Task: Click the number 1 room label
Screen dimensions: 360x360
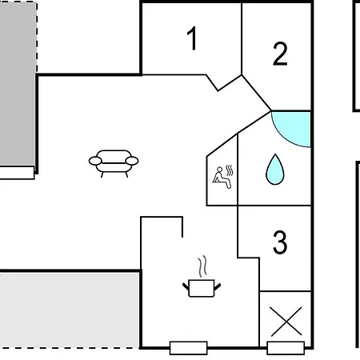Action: pos(192,38)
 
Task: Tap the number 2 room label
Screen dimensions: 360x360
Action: pos(280,54)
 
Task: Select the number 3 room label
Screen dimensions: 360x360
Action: pos(280,242)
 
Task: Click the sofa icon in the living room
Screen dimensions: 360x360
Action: pos(114,163)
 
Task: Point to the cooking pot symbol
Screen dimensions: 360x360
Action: pos(202,288)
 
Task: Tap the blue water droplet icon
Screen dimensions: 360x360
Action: pos(275,170)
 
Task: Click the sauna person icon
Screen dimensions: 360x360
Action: pos(222,178)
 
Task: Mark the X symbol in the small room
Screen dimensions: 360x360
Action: pos(286,321)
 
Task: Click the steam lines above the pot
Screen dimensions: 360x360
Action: pos(202,266)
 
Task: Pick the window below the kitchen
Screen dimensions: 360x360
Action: pos(189,348)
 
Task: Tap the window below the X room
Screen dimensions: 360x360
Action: pos(286,348)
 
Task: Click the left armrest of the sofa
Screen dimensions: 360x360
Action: pos(95,161)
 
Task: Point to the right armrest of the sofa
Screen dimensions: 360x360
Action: pos(132,161)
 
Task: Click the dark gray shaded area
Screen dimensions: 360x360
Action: pos(18,84)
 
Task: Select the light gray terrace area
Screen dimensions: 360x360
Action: pos(70,310)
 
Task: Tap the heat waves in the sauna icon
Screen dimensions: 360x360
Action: pos(230,170)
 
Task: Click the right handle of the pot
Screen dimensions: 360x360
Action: pos(218,287)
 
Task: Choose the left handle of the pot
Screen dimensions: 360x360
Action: pos(186,287)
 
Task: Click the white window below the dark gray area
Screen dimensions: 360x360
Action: pos(17,173)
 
